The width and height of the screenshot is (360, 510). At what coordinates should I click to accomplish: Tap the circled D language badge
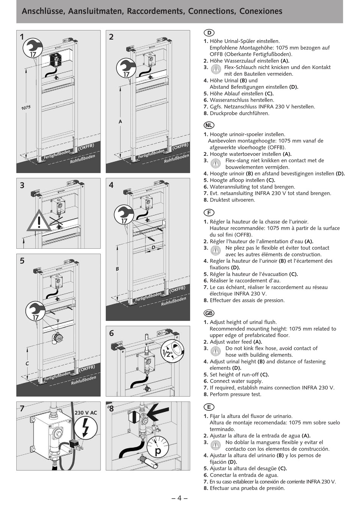coord(209,33)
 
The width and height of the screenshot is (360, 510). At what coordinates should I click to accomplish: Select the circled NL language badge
coord(209,125)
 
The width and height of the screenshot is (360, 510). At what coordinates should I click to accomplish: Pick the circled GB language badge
coord(209,313)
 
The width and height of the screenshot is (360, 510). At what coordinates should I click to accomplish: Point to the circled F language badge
coord(209,213)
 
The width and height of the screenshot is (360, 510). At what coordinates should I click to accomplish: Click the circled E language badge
coord(209,407)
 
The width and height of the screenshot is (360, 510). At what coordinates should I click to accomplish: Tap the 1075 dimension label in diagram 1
coord(26,108)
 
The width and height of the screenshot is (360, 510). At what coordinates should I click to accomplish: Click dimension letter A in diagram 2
coord(120,122)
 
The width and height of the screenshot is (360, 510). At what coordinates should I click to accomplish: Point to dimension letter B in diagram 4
coord(117,269)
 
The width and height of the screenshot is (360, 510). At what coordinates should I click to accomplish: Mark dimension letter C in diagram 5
coord(27,364)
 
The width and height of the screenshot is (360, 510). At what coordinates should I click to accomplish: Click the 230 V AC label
coord(86,413)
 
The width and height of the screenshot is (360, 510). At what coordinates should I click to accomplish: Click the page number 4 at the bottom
coord(180,498)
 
